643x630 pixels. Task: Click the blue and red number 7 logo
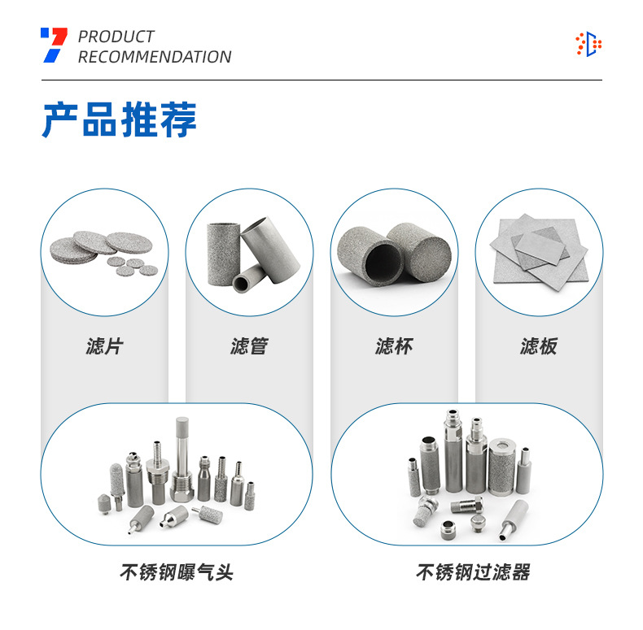point(54,46)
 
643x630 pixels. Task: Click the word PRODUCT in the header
point(116,37)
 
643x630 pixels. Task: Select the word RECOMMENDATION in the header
point(155,57)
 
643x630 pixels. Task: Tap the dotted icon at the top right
point(588,44)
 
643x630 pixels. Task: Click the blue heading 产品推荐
point(120,119)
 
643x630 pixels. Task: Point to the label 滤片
point(104,347)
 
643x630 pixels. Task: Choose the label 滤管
point(249,347)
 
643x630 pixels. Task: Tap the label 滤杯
point(394,347)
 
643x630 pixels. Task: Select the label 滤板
point(539,347)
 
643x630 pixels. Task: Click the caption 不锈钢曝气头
point(177,572)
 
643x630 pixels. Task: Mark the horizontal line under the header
point(321,80)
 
